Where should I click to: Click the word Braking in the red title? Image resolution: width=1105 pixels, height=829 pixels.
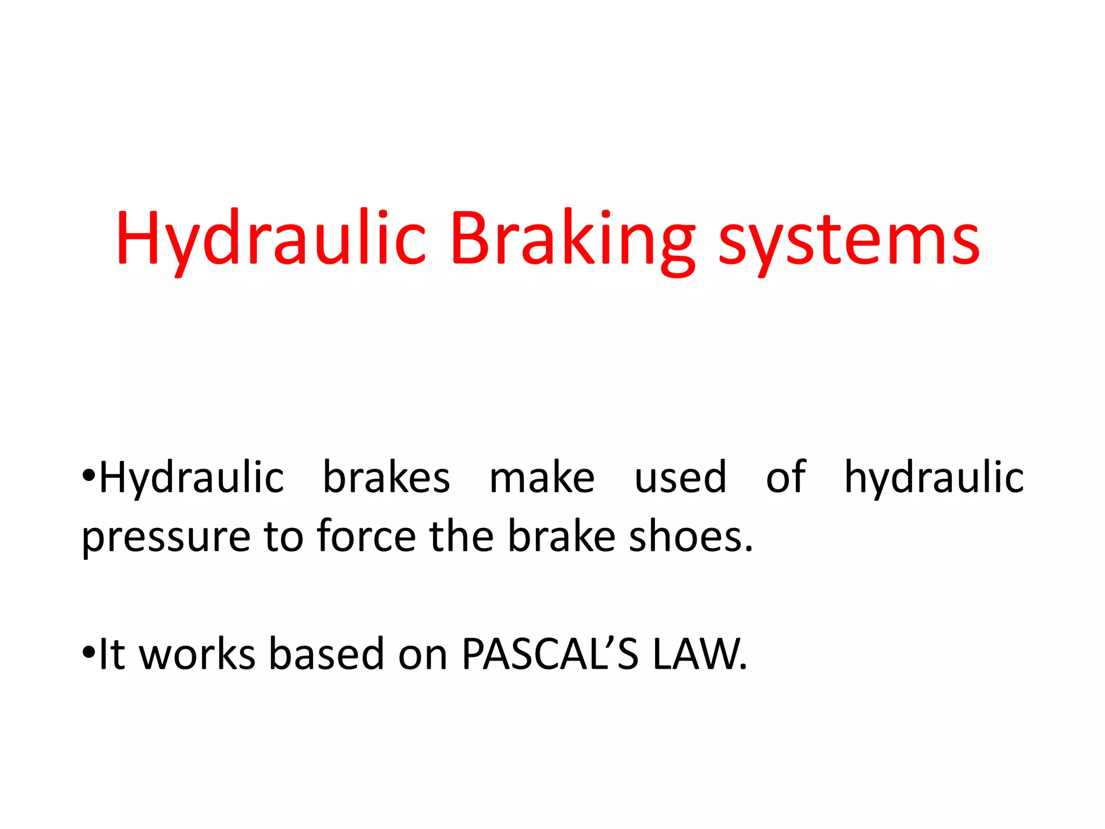click(572, 240)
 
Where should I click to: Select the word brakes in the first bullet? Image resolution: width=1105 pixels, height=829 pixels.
click(386, 478)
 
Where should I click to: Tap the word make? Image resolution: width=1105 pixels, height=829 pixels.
click(542, 478)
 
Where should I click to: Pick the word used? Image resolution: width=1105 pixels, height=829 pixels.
click(680, 478)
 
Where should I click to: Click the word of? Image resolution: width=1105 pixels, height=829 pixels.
click(786, 478)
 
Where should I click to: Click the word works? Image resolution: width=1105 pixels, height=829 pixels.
click(197, 654)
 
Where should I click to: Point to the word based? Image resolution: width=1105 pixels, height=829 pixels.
click(326, 654)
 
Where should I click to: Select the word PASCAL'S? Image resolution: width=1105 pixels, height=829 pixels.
click(550, 654)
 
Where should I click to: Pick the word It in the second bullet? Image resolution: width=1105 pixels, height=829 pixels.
click(112, 654)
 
